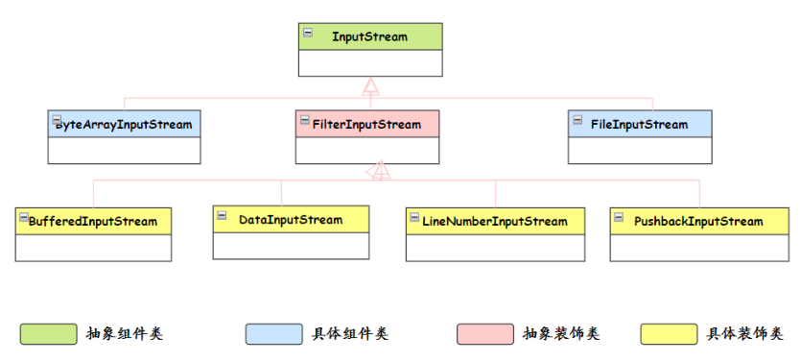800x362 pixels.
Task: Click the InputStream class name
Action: (x=369, y=37)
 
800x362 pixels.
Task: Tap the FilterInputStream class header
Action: (x=368, y=124)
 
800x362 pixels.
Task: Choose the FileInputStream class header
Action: (x=640, y=124)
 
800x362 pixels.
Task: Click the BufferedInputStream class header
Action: (x=93, y=221)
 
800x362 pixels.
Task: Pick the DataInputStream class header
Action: (x=290, y=220)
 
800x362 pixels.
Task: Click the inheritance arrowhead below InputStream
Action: (x=370, y=86)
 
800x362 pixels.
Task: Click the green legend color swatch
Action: (x=48, y=333)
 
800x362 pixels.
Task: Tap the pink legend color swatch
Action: (x=485, y=333)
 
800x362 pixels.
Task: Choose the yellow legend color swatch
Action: (x=669, y=333)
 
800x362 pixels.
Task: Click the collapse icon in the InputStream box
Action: (x=308, y=33)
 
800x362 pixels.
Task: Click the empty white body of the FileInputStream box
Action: (x=640, y=150)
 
